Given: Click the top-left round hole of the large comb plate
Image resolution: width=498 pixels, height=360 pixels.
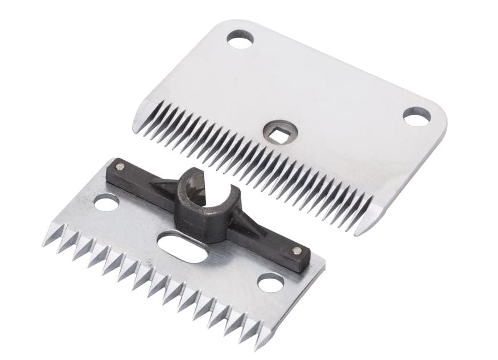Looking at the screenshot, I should [x=240, y=39].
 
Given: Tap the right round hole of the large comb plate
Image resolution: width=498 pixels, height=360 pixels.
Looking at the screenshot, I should [x=415, y=116].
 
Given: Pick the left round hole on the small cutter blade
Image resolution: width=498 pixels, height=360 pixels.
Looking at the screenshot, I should [x=106, y=202].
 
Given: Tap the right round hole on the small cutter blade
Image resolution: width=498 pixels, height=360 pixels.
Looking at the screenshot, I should [x=270, y=282].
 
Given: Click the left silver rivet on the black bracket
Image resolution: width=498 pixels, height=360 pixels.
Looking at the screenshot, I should [x=120, y=166].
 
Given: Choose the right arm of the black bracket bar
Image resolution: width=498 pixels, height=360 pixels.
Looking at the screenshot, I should [x=267, y=239].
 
